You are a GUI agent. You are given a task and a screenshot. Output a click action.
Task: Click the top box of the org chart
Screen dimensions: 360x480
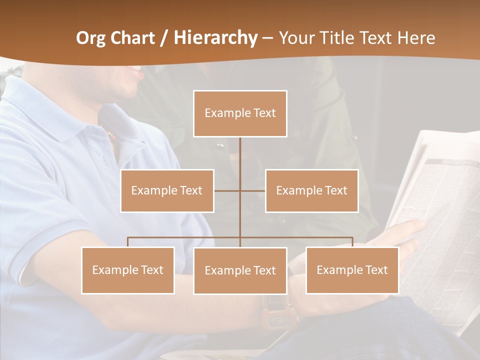240,113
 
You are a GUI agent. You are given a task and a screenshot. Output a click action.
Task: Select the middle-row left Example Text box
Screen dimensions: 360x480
167,190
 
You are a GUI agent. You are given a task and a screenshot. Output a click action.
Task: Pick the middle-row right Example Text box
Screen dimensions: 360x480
311,190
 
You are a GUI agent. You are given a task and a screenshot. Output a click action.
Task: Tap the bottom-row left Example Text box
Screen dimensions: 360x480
127,270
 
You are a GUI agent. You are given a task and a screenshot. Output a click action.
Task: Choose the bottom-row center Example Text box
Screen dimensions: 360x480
240,270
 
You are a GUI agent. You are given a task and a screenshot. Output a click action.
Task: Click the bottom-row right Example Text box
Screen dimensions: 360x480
352,270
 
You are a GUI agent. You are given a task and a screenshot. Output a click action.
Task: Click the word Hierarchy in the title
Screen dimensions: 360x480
215,38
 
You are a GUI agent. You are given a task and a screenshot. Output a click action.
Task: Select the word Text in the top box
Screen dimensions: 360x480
264,113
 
